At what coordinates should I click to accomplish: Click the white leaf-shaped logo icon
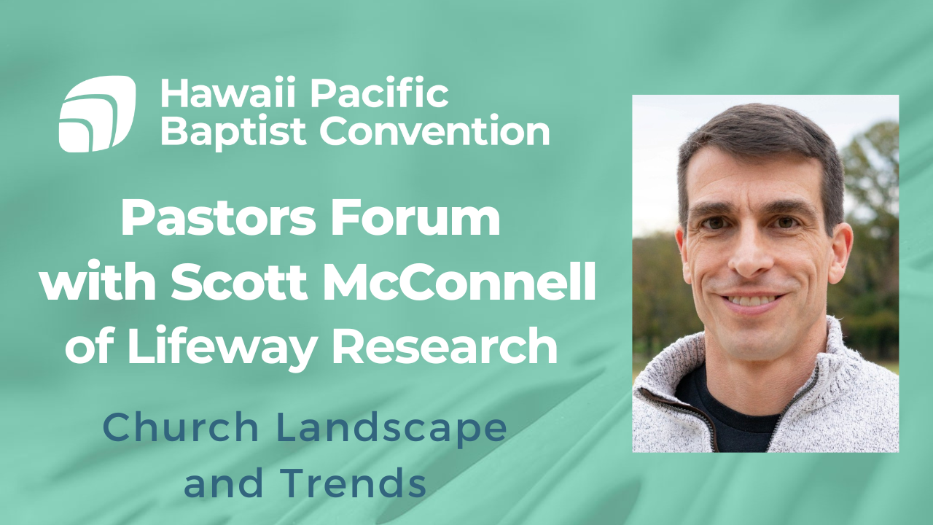click(97, 114)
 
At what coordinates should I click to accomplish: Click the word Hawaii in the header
click(213, 94)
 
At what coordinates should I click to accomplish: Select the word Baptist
click(234, 132)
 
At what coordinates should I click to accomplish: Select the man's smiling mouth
click(750, 298)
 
